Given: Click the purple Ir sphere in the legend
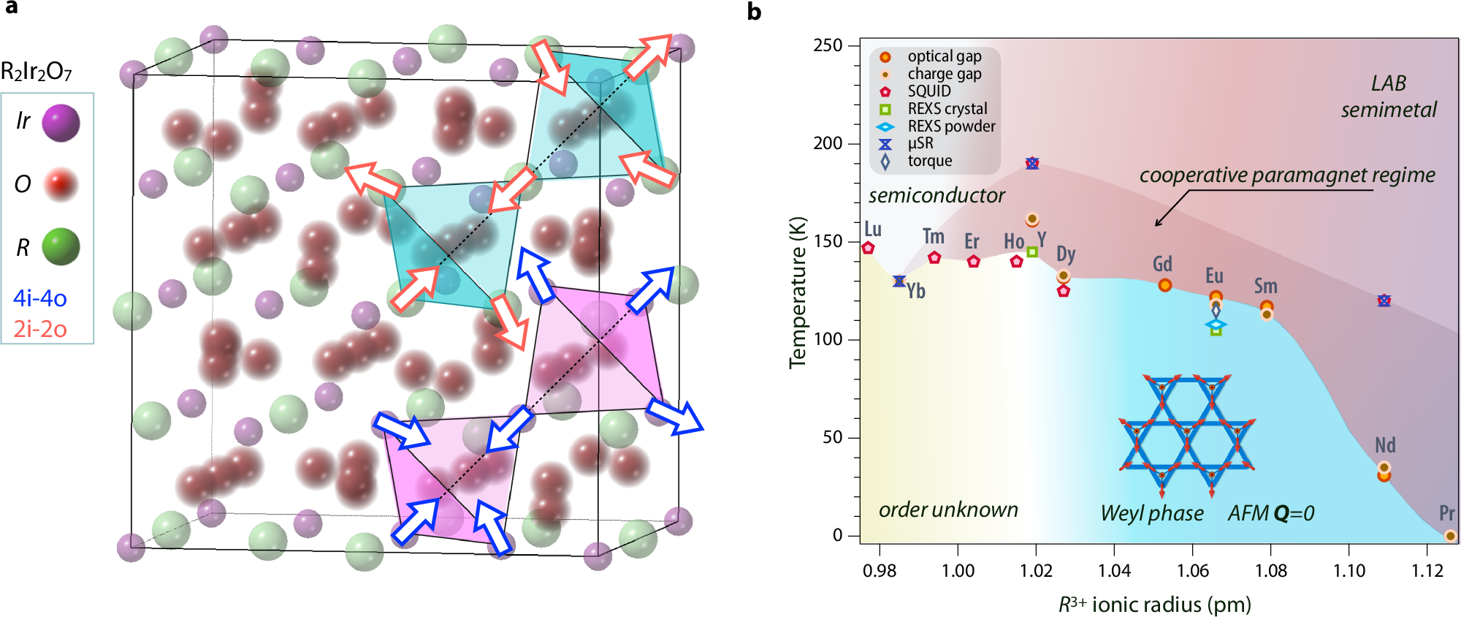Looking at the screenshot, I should (61, 122).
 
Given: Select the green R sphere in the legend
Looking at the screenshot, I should (61, 246).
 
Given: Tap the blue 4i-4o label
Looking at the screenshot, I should (40, 298).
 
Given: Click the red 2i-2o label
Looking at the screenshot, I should (40, 330).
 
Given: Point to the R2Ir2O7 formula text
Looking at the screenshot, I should (37, 72).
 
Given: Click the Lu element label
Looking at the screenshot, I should (873, 229).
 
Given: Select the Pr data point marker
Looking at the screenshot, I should (1450, 536).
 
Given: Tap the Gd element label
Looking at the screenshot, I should (1162, 264).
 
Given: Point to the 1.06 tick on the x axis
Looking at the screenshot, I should (1193, 570).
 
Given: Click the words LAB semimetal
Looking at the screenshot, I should (1389, 96).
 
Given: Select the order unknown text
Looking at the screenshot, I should (948, 510).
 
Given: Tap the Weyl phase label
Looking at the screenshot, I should (1152, 513).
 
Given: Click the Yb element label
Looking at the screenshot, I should (916, 291).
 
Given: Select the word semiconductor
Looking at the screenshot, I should (937, 195).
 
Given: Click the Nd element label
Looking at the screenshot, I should (1385, 445).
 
